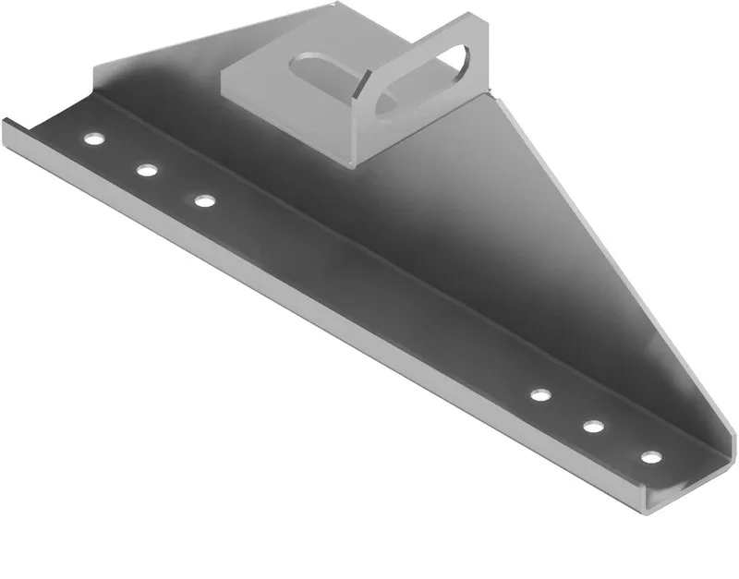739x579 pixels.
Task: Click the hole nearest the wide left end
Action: (x=91, y=139)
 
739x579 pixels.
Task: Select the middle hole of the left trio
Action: (x=146, y=170)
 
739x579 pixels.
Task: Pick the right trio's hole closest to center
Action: (x=540, y=395)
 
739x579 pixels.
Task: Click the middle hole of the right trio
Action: (x=593, y=426)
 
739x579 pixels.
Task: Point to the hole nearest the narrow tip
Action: (x=651, y=457)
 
